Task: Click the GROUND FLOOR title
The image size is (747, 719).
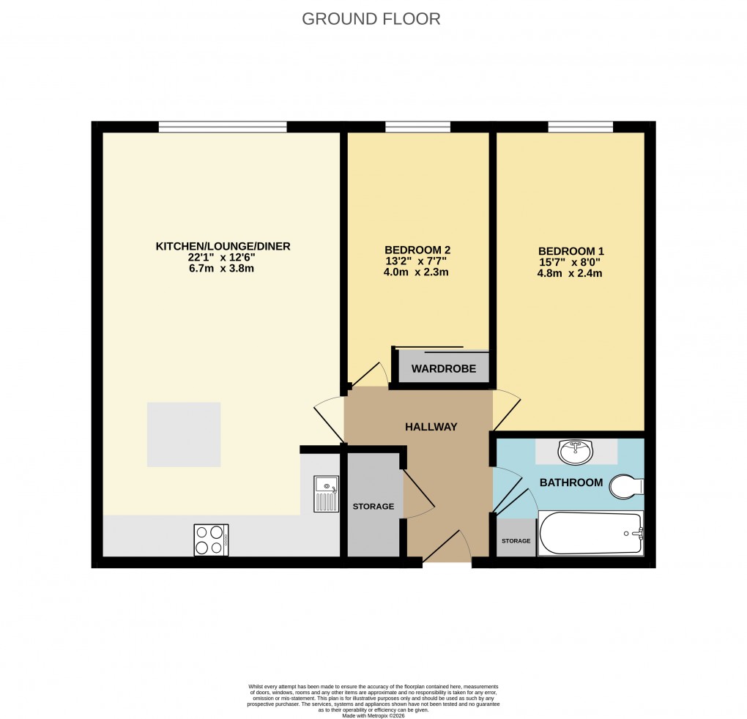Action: point(371,19)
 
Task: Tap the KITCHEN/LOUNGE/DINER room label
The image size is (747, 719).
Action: point(223,247)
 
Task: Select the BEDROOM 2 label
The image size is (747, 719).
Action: point(417,250)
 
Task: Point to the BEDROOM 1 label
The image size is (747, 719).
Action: point(571,251)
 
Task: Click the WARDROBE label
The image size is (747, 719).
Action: point(443,369)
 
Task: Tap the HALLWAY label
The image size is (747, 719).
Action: point(431,427)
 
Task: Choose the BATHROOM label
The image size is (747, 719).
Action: point(571,483)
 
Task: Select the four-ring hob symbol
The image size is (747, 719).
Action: point(211,540)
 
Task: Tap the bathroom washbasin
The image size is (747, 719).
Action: point(576,452)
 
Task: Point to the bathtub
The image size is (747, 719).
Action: point(590,534)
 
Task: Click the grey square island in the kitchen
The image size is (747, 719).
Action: point(184,434)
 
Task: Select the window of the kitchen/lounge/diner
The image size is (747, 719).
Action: point(223,127)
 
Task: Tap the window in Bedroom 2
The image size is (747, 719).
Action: point(417,127)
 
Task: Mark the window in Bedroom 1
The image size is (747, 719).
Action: point(580,127)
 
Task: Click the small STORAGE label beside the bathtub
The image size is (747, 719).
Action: point(516,541)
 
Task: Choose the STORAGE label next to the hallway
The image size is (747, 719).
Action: point(373,507)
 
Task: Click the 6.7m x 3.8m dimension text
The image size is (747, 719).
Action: point(223,269)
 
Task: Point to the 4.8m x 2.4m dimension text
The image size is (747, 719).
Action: point(571,274)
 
